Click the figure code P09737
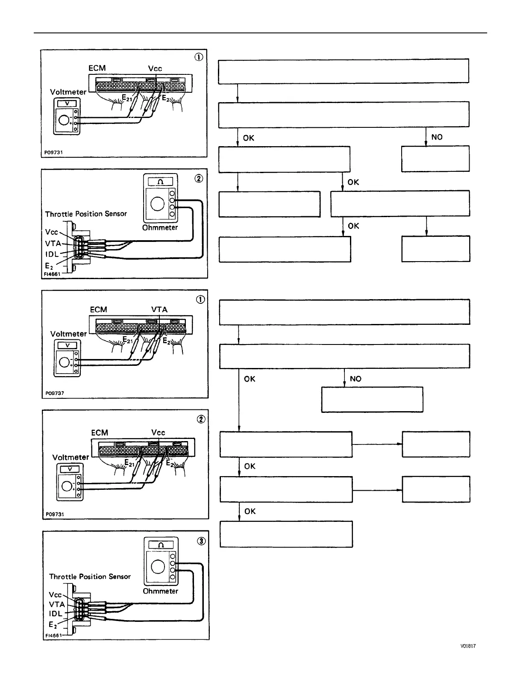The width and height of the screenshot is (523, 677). [55, 393]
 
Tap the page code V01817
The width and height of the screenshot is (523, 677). [468, 646]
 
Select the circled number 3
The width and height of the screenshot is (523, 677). [201, 542]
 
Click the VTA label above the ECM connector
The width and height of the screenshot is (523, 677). [159, 309]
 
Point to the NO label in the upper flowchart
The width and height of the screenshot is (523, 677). [437, 137]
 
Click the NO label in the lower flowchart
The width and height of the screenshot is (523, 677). [355, 379]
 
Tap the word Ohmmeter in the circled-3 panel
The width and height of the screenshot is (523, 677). [160, 591]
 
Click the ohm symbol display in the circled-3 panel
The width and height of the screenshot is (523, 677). [161, 545]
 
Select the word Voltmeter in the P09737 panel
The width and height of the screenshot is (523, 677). [68, 334]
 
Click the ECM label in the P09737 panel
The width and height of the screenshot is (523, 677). [98, 309]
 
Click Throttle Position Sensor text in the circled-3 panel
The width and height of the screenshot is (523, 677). [90, 577]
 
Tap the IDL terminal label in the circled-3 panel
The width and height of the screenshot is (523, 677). [56, 613]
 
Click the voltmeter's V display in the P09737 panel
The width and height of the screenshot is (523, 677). [67, 346]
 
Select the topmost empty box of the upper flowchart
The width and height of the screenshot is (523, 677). [344, 71]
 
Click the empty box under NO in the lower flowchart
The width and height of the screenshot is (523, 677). [372, 400]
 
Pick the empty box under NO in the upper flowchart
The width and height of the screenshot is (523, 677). [435, 159]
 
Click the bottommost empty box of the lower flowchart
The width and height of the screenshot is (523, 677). [286, 534]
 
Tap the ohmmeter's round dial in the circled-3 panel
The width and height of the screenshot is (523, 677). [158, 567]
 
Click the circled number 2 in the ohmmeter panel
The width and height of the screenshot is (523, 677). [199, 179]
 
